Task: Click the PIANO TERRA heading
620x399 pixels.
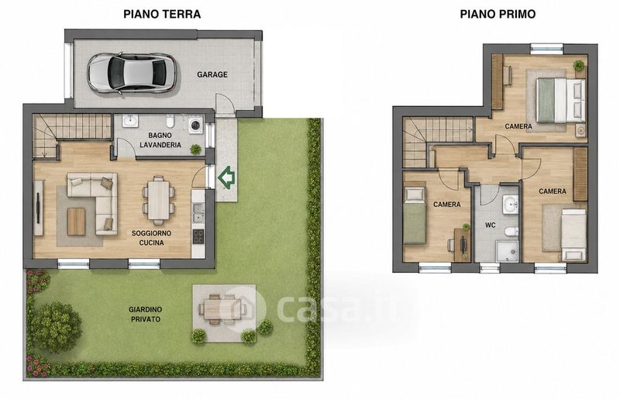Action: [162, 14]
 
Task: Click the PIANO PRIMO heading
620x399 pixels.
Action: [498, 14]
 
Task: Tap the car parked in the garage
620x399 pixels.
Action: [132, 73]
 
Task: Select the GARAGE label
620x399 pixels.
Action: [212, 74]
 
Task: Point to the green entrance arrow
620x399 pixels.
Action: [226, 177]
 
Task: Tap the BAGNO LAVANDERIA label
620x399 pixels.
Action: [160, 140]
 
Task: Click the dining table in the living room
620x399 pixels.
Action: [159, 201]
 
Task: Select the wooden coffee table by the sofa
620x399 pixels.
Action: [76, 222]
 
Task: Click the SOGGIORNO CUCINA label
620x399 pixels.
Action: [151, 238]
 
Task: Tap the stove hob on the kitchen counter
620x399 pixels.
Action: [198, 236]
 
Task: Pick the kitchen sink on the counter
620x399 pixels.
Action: [198, 212]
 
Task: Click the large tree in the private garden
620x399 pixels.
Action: [56, 327]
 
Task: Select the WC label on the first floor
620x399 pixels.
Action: [491, 225]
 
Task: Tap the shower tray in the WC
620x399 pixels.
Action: [507, 252]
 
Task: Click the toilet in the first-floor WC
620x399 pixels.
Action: [511, 232]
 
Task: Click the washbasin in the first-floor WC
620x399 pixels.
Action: [511, 205]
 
